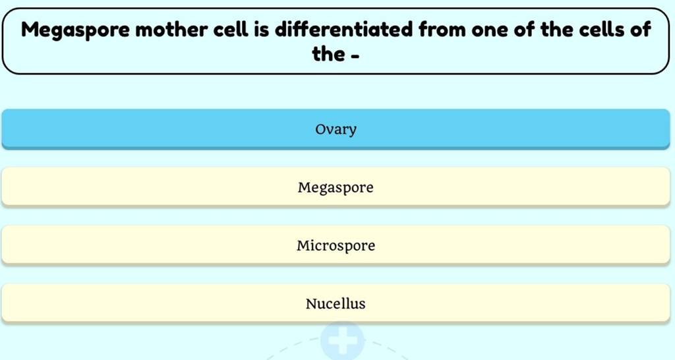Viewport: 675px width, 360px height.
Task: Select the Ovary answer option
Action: (x=336, y=129)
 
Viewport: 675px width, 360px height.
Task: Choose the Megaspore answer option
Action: (x=336, y=187)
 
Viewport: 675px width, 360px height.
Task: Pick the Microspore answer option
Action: (x=336, y=246)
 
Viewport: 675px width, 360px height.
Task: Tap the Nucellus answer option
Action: (x=336, y=304)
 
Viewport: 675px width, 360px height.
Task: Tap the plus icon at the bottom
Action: (x=341, y=340)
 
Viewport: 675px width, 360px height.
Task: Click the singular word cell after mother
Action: (x=232, y=30)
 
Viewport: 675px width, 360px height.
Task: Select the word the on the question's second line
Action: (x=328, y=54)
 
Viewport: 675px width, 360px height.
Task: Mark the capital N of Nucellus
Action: (x=310, y=304)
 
